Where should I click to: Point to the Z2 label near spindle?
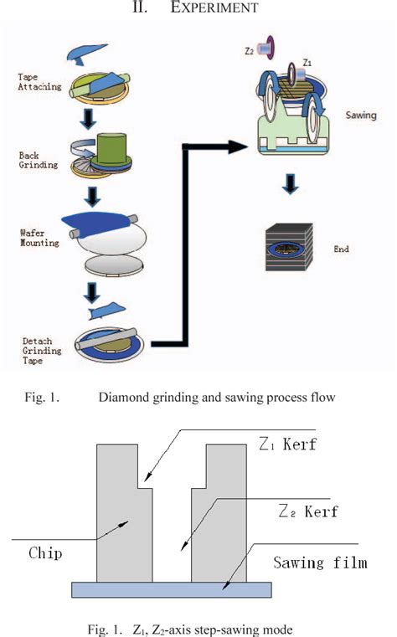[250, 50]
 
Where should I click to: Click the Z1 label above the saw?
[307, 62]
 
